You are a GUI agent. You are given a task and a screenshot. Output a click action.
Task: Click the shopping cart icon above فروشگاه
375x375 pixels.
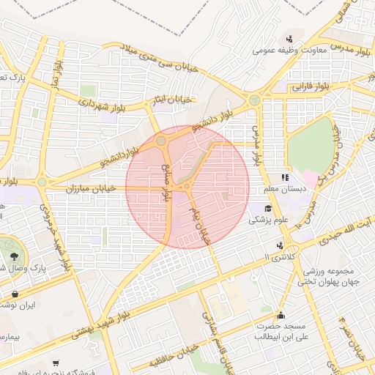[x=56, y=363]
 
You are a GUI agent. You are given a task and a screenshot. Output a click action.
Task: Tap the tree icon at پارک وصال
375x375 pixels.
[x=15, y=256]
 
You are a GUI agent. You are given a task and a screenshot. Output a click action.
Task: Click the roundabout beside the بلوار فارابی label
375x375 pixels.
[x=254, y=100]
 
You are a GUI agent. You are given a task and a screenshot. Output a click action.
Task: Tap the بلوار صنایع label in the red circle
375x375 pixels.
[x=166, y=183]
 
